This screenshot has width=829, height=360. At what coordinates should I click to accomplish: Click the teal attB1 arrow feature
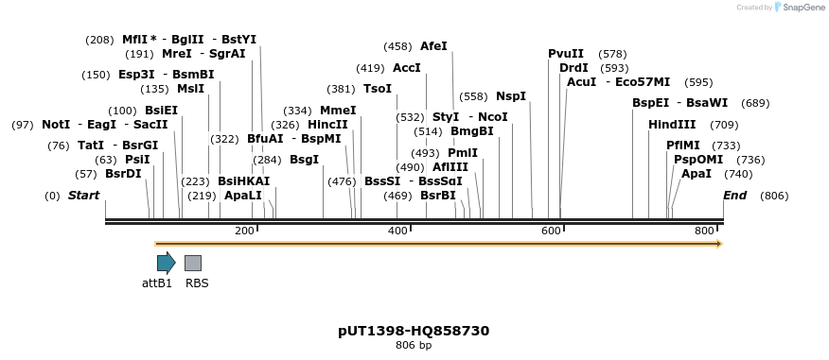(x=166, y=263)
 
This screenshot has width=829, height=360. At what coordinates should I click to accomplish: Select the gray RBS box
(x=192, y=263)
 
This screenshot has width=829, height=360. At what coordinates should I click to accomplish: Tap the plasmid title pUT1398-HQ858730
(x=414, y=331)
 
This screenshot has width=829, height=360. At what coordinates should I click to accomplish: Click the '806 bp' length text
(x=414, y=346)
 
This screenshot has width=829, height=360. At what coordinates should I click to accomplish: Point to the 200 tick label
(x=244, y=231)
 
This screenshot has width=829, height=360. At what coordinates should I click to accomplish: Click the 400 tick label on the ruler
(x=397, y=231)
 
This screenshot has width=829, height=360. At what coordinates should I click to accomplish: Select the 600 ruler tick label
(x=551, y=231)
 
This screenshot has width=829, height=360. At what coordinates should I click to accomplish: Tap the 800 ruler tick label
(x=704, y=231)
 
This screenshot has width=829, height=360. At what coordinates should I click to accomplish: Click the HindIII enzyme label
(x=672, y=125)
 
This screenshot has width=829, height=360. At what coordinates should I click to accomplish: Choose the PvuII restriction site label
(x=566, y=54)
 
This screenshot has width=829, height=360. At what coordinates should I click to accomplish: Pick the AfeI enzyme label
(x=433, y=45)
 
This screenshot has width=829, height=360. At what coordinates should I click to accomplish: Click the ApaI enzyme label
(x=697, y=174)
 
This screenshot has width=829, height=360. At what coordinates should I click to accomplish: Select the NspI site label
(x=511, y=96)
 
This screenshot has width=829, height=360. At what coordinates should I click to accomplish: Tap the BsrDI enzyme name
(x=123, y=174)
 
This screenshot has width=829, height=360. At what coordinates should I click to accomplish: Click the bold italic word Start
(x=83, y=196)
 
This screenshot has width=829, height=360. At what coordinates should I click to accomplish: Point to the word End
(x=734, y=196)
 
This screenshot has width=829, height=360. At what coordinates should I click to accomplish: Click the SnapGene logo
(x=800, y=8)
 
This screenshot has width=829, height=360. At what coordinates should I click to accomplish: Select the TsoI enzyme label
(x=378, y=89)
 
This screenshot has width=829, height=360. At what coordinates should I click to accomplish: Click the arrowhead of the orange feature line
(x=719, y=244)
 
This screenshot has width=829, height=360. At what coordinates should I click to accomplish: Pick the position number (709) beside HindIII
(x=724, y=125)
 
